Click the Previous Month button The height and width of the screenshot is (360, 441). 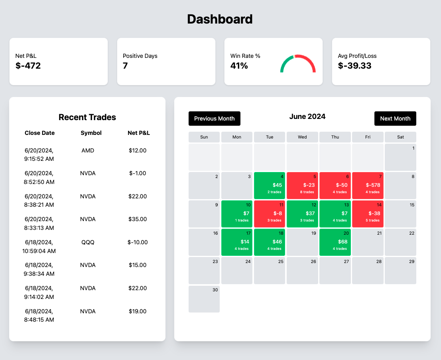(214, 119)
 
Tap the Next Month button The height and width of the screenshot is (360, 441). (395, 119)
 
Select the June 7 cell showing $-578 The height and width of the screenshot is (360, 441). (368, 186)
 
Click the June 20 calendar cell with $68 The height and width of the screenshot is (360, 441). (335, 242)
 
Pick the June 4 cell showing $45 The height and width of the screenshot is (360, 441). (270, 186)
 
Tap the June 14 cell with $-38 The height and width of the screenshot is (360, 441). (368, 214)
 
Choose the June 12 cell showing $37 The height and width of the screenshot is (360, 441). (302, 214)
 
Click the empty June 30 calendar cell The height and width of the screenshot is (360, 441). (204, 299)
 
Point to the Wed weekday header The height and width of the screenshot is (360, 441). (302, 137)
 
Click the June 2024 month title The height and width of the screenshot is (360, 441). (307, 117)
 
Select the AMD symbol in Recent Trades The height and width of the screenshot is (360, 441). (88, 150)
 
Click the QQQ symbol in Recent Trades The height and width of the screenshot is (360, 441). (88, 242)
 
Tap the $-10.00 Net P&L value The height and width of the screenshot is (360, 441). (138, 242)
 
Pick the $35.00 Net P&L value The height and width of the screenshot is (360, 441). (138, 219)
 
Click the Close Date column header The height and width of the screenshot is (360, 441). (39, 133)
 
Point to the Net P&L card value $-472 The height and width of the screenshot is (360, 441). (28, 66)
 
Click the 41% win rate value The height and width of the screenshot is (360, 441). (239, 66)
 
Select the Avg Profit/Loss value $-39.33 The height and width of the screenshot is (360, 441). (354, 66)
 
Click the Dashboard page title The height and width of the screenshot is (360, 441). (220, 19)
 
